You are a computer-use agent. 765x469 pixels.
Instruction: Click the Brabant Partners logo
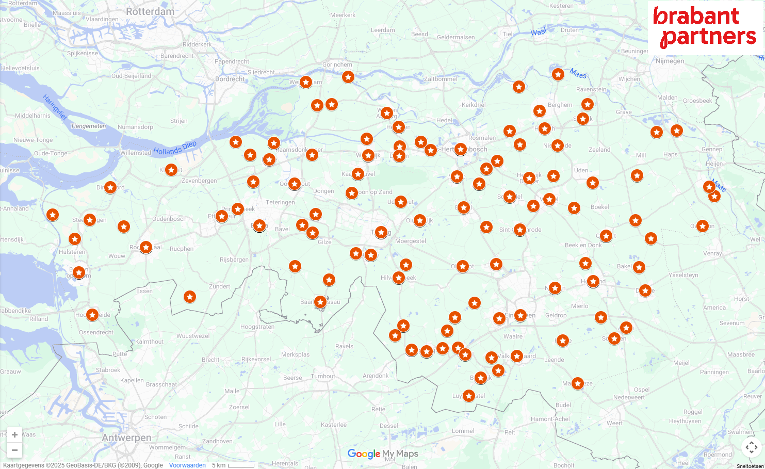pyautogui.click(x=705, y=27)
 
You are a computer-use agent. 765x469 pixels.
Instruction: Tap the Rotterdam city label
pyautogui.click(x=150, y=11)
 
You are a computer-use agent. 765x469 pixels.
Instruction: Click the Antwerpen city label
pyautogui.click(x=126, y=438)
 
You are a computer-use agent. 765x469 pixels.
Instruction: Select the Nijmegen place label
pyautogui.click(x=670, y=61)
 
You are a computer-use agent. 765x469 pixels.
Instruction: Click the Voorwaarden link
pyautogui.click(x=187, y=465)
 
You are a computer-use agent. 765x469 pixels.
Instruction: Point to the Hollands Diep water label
pyautogui.click(x=175, y=148)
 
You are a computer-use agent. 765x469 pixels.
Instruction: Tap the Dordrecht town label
pyautogui.click(x=230, y=79)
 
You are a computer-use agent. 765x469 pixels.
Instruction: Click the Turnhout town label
pyautogui.click(x=323, y=376)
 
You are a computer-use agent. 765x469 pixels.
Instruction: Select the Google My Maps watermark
pyautogui.click(x=383, y=454)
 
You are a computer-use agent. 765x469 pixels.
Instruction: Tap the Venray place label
pyautogui.click(x=712, y=253)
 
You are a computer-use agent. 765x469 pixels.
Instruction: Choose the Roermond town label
pyautogui.click(x=718, y=455)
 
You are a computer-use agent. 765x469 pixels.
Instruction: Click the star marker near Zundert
pyautogui.click(x=190, y=297)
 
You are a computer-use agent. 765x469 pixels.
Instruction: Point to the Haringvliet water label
pyautogui.click(x=55, y=107)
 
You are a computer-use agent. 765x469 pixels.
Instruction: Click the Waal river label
pyautogui.click(x=539, y=32)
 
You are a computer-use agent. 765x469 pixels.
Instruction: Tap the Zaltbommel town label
pyautogui.click(x=440, y=79)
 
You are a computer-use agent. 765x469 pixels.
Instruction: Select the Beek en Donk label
pyautogui.click(x=583, y=245)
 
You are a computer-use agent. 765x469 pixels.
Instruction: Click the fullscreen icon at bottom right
pyautogui.click(x=751, y=447)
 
